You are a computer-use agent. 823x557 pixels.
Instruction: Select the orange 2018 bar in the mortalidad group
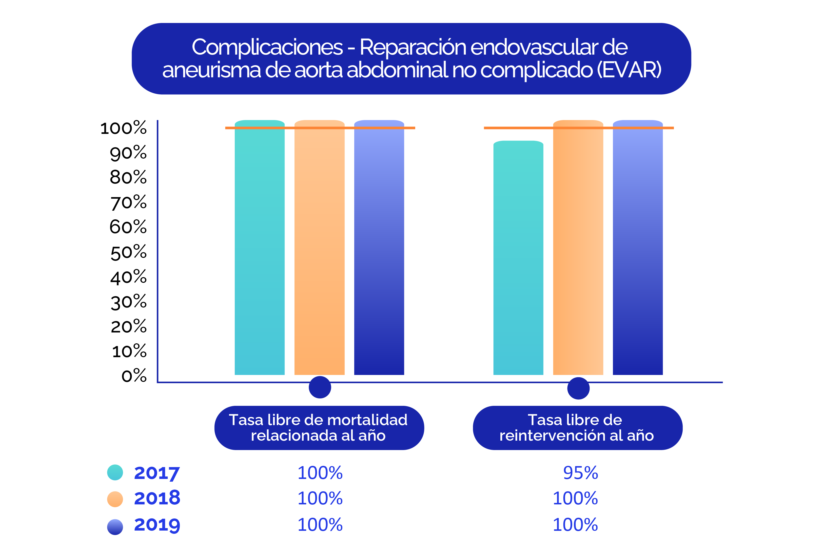(x=319, y=248)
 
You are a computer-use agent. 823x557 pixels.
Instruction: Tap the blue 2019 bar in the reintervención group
(x=637, y=248)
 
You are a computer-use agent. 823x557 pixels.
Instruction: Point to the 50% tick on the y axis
(x=128, y=252)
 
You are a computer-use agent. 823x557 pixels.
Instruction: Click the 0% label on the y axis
(x=134, y=376)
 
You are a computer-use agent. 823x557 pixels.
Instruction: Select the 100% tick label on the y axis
(x=123, y=128)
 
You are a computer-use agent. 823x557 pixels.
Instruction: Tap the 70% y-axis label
(x=128, y=202)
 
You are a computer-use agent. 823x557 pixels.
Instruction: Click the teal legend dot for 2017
(x=115, y=472)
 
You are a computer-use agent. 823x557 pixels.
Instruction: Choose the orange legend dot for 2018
(x=115, y=499)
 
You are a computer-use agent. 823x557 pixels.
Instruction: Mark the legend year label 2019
(x=157, y=525)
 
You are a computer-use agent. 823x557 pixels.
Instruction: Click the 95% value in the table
(x=580, y=473)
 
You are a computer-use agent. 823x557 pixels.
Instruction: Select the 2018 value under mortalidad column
(x=320, y=498)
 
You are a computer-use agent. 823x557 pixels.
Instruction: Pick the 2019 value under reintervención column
(x=575, y=525)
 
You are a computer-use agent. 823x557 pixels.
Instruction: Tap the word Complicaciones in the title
(x=267, y=47)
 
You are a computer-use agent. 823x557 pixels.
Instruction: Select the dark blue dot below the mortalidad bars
(x=320, y=387)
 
